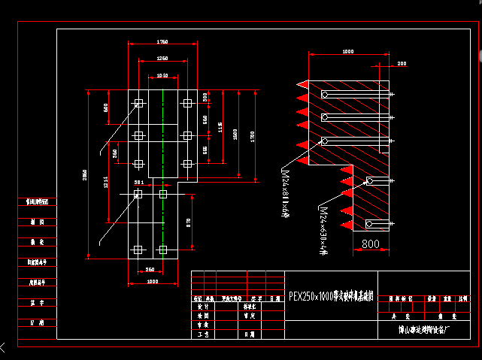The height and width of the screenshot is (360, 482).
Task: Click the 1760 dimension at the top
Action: [x=162, y=41]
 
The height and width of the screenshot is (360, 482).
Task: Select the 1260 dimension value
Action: [x=162, y=58]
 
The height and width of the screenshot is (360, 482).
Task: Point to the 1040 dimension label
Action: [x=162, y=75]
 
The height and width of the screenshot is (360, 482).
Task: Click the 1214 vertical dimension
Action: [x=106, y=183]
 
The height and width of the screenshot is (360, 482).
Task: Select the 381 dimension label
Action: [x=138, y=183]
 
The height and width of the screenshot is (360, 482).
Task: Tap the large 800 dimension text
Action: [x=370, y=244]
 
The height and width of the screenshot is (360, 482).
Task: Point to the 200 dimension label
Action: [x=402, y=64]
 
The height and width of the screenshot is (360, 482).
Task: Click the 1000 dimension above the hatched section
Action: [x=347, y=52]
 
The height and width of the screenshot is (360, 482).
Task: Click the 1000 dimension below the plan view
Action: [x=153, y=281]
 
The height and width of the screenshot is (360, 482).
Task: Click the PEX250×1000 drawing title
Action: [x=331, y=296]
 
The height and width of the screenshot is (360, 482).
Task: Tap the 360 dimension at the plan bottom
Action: [x=150, y=269]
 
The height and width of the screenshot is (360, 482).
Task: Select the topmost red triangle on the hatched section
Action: [x=304, y=83]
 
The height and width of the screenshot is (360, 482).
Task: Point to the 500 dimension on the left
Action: [x=106, y=107]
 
